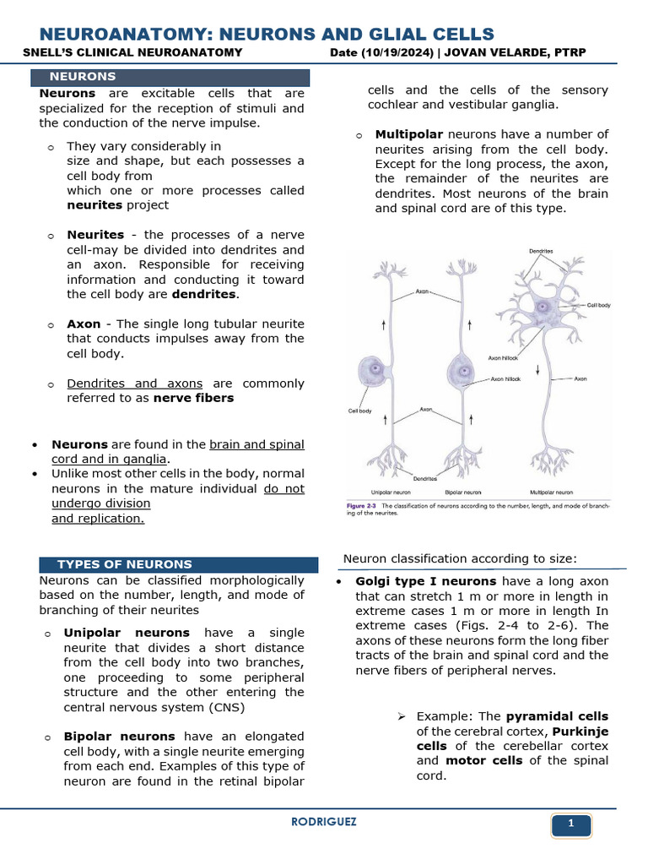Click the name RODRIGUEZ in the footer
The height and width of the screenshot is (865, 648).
point(323,821)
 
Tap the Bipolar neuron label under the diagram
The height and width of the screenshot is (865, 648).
point(463,492)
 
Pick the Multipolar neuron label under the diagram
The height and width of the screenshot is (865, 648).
point(551,492)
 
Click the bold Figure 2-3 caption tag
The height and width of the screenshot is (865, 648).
point(363,506)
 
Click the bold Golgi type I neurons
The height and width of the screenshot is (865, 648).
point(427,581)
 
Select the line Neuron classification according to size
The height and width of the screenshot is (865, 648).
point(460,558)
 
